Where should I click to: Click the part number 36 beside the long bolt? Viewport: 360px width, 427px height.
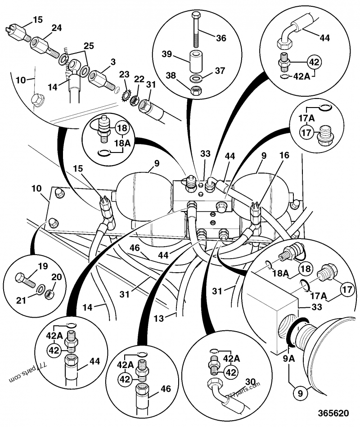coord(220,38)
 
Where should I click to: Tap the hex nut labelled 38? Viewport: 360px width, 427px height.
coord(197,90)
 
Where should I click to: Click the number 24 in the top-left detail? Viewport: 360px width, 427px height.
coord(56,27)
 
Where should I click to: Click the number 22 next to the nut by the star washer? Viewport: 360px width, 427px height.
coord(139,79)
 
